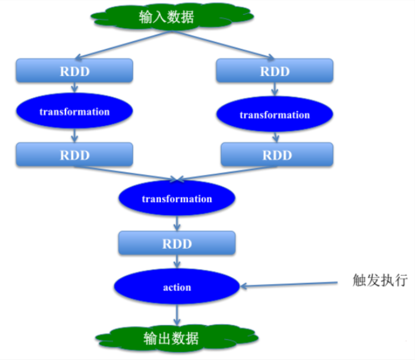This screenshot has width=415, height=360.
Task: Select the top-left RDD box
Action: pos(74,71)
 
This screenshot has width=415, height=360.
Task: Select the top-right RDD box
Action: pos(274,71)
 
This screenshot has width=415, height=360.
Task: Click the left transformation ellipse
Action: pos(74,112)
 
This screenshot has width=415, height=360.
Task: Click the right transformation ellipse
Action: pos(274,115)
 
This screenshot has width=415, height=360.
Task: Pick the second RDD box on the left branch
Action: pos(74,155)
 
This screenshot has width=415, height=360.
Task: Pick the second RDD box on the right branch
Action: pos(277,155)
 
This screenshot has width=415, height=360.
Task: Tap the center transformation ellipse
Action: pos(177,199)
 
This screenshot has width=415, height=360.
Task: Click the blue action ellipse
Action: pos(177,287)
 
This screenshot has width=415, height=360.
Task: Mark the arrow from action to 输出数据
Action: pos(176,315)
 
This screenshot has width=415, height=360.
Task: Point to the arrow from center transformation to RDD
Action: pos(177,223)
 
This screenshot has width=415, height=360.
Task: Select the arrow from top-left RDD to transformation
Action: pos(74,87)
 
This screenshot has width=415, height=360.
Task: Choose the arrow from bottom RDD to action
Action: pos(177,263)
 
